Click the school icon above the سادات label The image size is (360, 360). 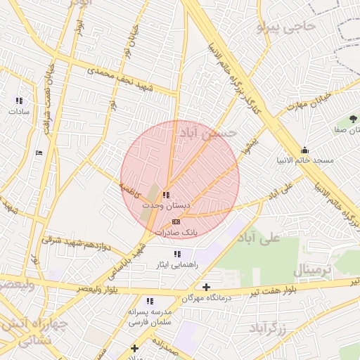[x=18, y=101]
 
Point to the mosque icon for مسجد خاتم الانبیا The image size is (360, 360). [x=304, y=150]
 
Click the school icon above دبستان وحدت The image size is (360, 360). [x=166, y=195]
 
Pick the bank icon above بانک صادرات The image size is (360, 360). [x=176, y=221]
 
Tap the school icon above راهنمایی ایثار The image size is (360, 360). [x=176, y=254]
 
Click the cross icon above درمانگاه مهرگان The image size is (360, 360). [x=206, y=287]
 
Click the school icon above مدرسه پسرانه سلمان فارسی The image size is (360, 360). [x=150, y=301]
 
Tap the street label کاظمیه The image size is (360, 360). [x=130, y=189]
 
